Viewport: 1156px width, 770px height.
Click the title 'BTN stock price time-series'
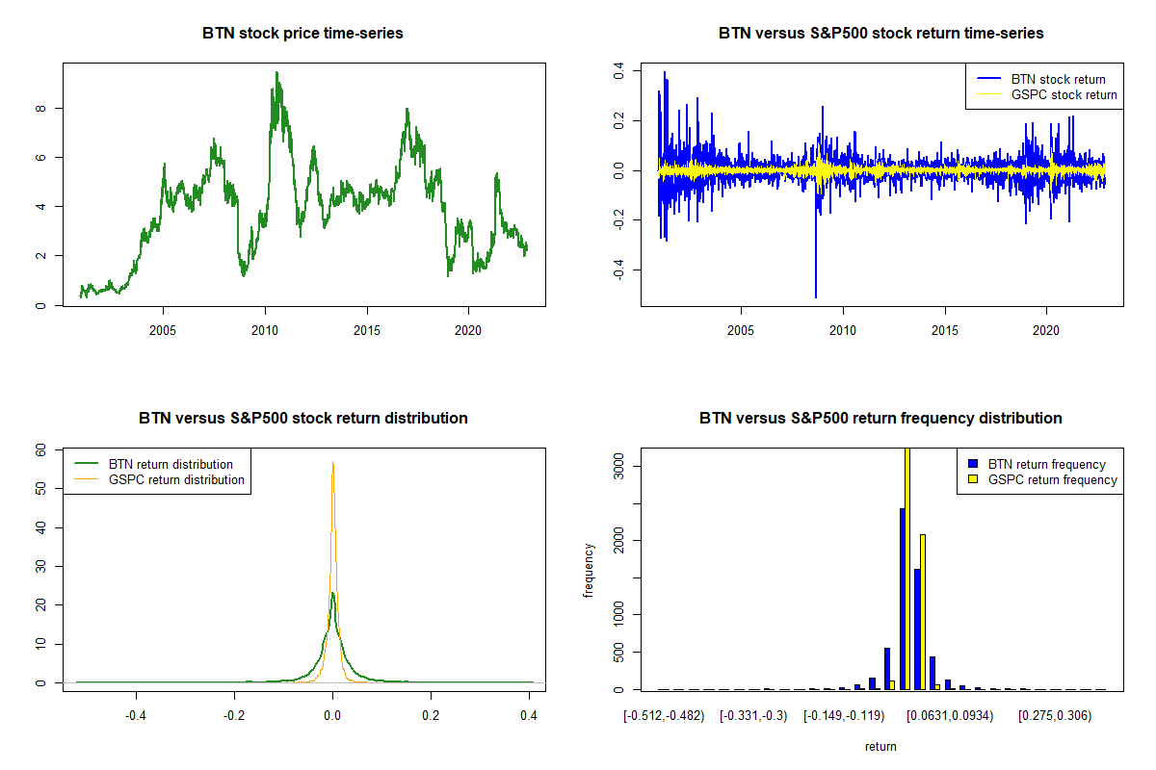coord(302,34)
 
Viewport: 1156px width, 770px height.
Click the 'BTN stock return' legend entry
coord(1058,79)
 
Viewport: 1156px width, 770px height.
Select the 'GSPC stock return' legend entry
coord(1064,94)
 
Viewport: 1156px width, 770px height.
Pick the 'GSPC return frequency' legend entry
coord(1053,479)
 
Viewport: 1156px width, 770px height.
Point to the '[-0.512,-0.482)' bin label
coord(664,716)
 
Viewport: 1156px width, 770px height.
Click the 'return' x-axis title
coord(880,746)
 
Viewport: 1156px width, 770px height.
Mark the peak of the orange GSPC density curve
coord(332,463)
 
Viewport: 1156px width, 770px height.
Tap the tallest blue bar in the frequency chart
coord(903,597)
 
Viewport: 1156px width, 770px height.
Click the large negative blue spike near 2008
coord(816,279)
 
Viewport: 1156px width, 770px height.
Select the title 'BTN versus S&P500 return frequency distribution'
coord(880,419)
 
